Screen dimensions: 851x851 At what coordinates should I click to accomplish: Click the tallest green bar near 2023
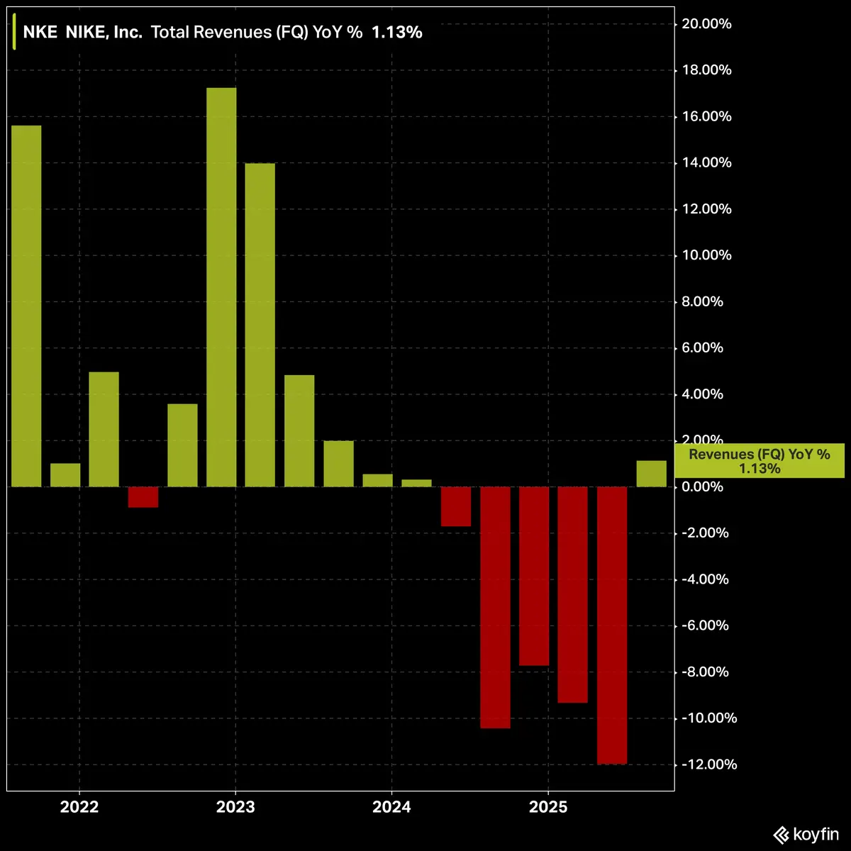221,287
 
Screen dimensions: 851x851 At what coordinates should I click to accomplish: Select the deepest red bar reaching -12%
612,625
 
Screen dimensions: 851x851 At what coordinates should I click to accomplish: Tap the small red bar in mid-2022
143,496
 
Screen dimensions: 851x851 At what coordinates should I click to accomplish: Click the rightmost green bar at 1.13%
651,474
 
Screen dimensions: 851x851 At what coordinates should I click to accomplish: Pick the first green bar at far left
26,306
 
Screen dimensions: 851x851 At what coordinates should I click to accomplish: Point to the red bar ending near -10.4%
495,607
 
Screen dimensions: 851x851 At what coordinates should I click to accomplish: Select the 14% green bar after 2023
260,325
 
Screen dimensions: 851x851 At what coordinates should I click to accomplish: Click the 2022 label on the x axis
79,807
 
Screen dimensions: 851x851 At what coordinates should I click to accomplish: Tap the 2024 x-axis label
391,807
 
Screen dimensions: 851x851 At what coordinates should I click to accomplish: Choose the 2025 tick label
547,807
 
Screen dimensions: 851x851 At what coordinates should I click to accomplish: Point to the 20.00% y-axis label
705,24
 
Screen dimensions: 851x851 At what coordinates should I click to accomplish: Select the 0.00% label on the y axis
705,487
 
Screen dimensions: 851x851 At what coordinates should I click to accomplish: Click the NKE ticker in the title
40,32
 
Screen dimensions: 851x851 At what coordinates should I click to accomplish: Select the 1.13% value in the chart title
397,32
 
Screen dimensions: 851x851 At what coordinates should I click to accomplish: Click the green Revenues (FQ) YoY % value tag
759,461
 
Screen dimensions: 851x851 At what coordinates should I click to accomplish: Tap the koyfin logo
806,835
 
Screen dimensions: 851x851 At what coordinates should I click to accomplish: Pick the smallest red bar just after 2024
455,506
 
